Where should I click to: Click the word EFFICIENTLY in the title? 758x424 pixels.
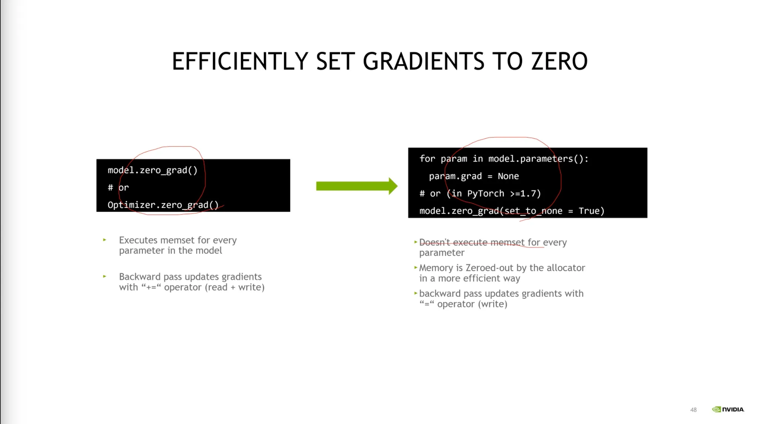click(240, 61)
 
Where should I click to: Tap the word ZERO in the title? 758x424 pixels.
click(559, 61)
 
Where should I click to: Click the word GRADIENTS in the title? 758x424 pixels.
click(423, 61)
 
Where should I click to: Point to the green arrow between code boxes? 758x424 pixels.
click(357, 186)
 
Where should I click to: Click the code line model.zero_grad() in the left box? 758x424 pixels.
click(152, 170)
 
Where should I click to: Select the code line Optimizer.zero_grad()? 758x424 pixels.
click(163, 205)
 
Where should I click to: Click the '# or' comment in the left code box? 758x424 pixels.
click(118, 188)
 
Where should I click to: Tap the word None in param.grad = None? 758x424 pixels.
click(508, 176)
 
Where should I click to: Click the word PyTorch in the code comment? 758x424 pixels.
click(486, 194)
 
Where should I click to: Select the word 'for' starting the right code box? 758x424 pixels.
click(427, 159)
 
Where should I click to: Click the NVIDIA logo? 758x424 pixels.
click(728, 409)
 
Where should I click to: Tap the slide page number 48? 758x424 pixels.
click(693, 410)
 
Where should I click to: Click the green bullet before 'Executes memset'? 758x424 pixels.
click(105, 240)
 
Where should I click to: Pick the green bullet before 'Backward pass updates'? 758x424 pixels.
click(105, 276)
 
